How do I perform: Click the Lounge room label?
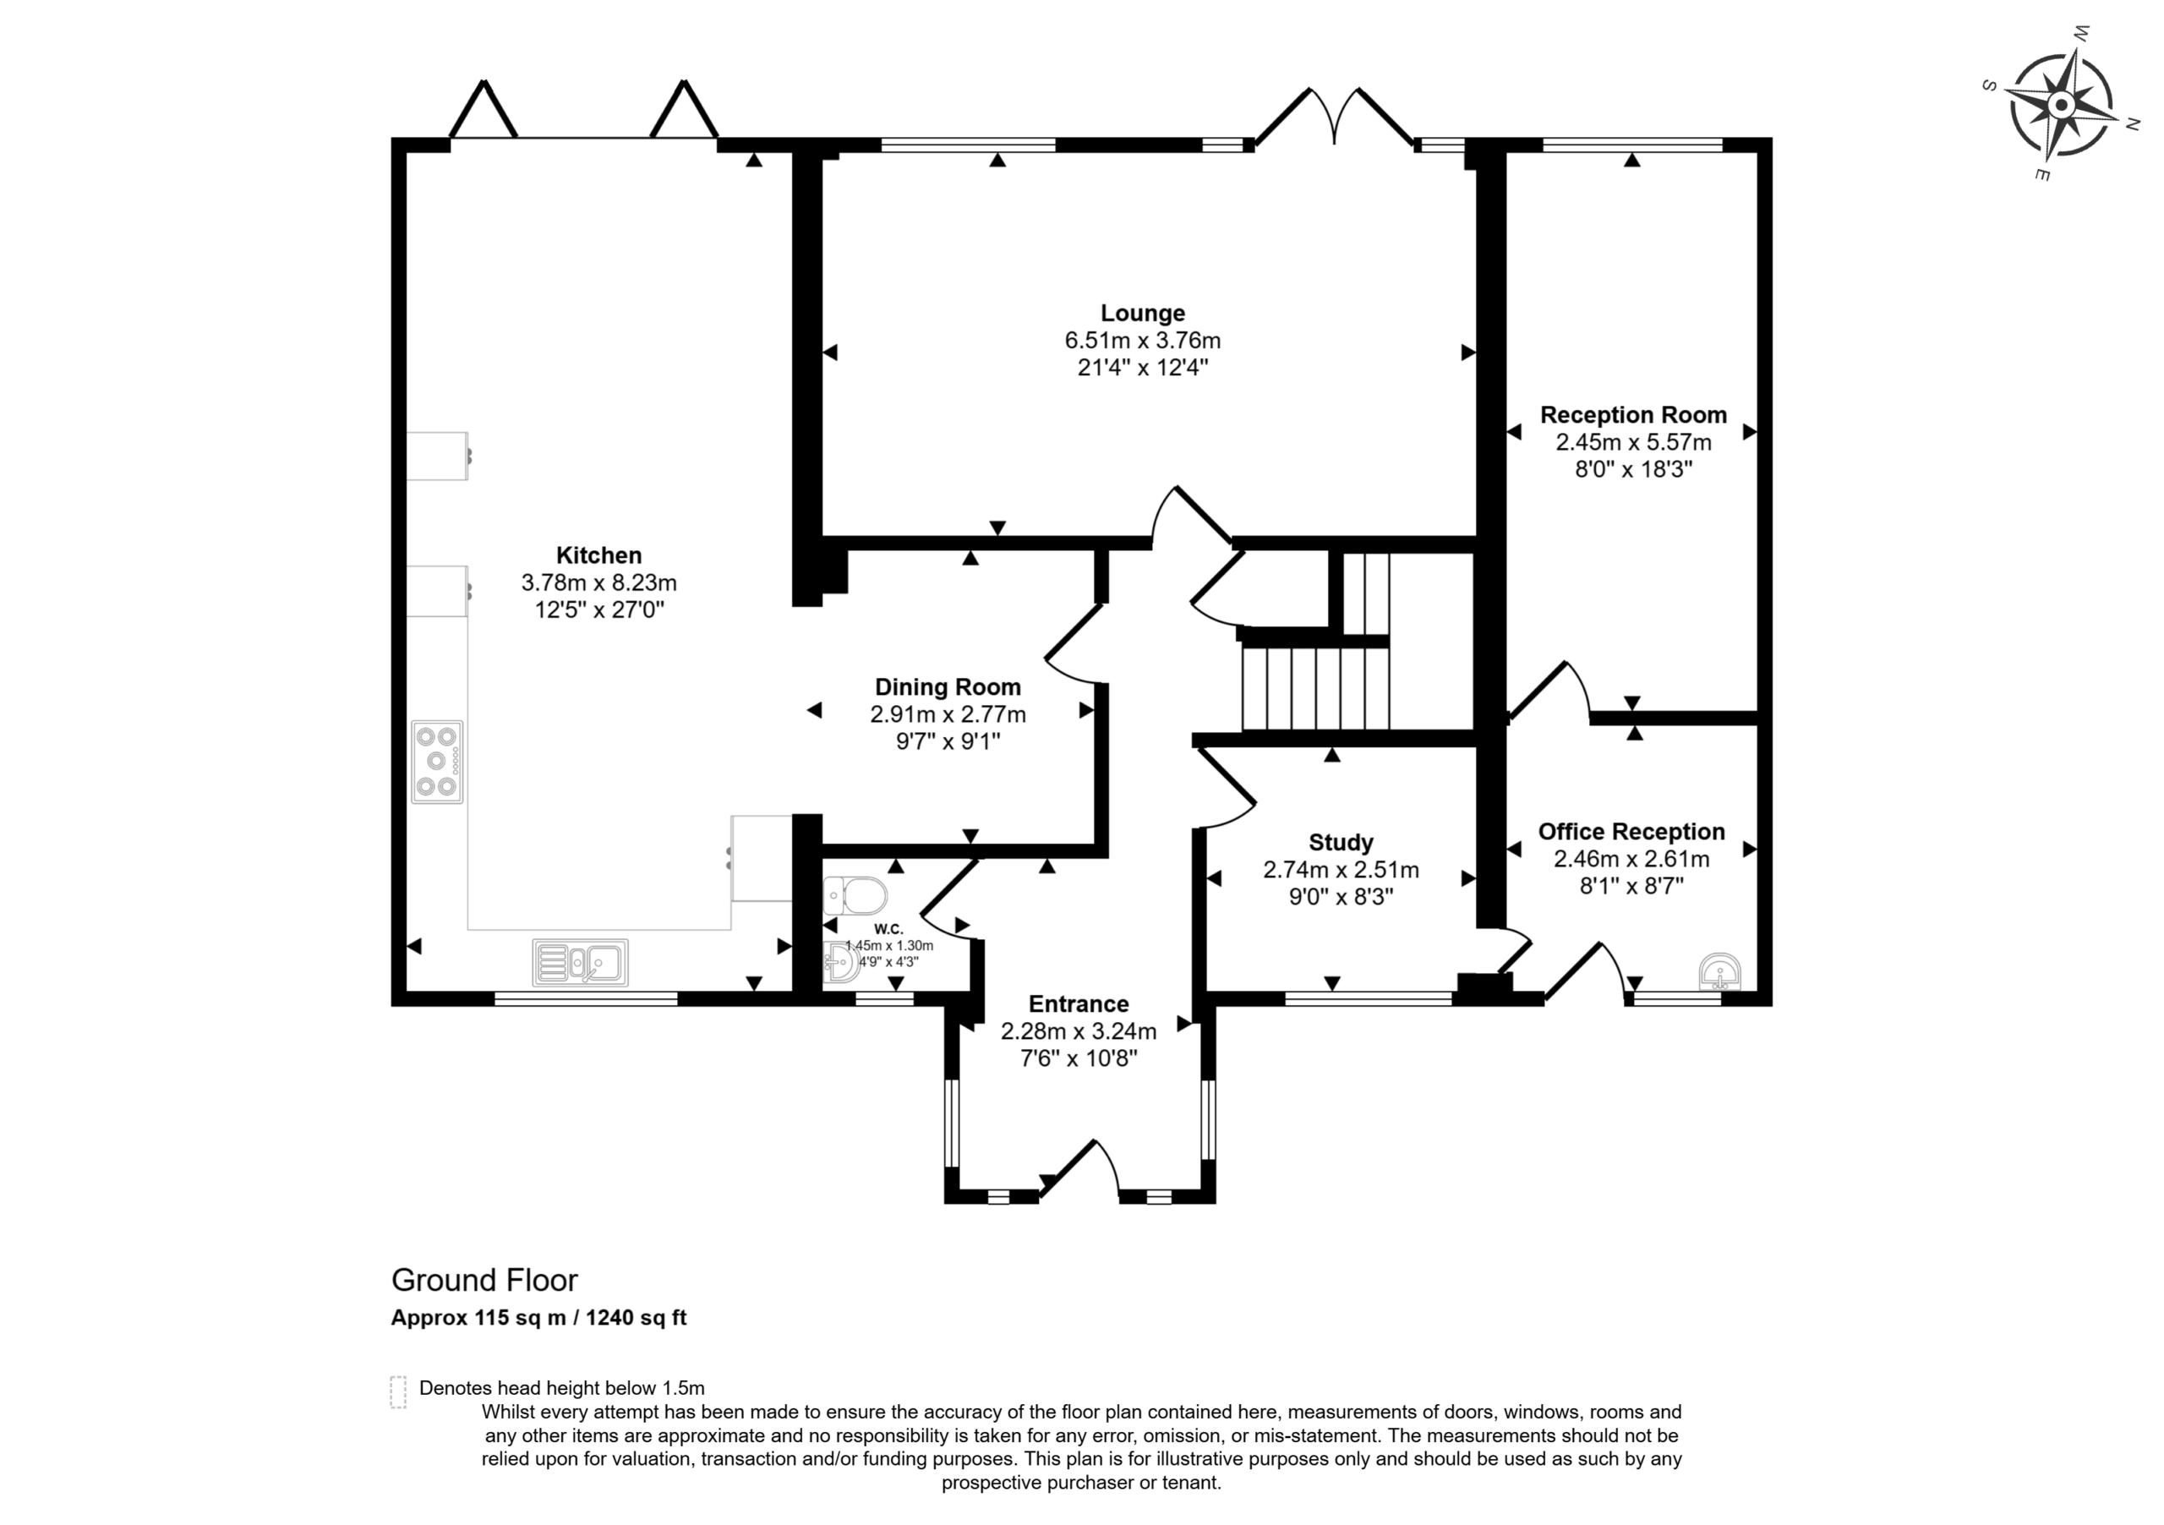pyautogui.click(x=1142, y=313)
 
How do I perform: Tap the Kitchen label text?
pyautogui.click(x=598, y=555)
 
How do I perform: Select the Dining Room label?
pyautogui.click(x=948, y=687)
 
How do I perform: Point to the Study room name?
pyautogui.click(x=1341, y=843)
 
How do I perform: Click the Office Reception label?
pyautogui.click(x=1631, y=831)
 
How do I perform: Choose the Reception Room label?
pyautogui.click(x=1633, y=415)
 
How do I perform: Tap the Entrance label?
pyautogui.click(x=1079, y=1003)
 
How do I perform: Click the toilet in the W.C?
pyautogui.click(x=854, y=895)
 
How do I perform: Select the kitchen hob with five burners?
pyautogui.click(x=437, y=762)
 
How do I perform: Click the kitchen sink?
pyautogui.click(x=580, y=962)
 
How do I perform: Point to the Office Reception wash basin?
pyautogui.click(x=1720, y=973)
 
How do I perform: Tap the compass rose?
pyautogui.click(x=2061, y=105)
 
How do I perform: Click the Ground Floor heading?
pyautogui.click(x=484, y=1280)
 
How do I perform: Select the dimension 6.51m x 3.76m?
pyautogui.click(x=1142, y=340)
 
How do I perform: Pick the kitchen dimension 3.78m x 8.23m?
pyautogui.click(x=598, y=582)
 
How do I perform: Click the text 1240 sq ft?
pyautogui.click(x=637, y=1318)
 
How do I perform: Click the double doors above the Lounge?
pyautogui.click(x=1335, y=117)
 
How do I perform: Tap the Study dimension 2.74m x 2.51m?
pyautogui.click(x=1341, y=870)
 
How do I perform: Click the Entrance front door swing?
pyautogui.click(x=1079, y=1170)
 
